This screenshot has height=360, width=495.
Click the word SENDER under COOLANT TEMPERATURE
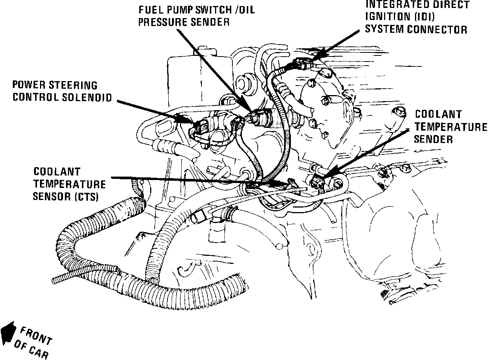pyautogui.click(x=434, y=139)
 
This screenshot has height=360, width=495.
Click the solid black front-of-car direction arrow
pyautogui.click(x=8, y=331)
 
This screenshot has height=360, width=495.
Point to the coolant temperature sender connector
pyautogui.click(x=318, y=182)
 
